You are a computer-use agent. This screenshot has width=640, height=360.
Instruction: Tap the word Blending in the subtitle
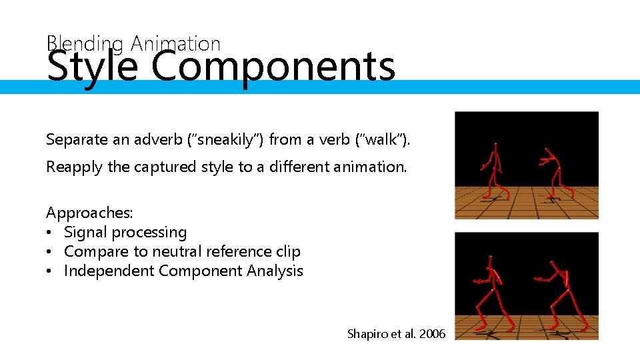tap(85, 44)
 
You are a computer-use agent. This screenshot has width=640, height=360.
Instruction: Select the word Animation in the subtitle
tap(175, 44)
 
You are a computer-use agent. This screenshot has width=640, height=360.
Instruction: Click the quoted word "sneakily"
tap(223, 139)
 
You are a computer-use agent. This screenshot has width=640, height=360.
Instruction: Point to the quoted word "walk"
tap(375, 139)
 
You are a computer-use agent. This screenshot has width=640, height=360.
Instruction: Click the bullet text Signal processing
tap(125, 232)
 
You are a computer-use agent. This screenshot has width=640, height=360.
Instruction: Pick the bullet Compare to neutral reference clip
tap(182, 251)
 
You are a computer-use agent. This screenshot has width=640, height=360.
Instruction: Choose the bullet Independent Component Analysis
tap(183, 271)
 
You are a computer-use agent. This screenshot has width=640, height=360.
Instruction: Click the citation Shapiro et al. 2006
tap(396, 333)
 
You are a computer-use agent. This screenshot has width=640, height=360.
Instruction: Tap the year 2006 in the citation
tap(433, 333)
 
